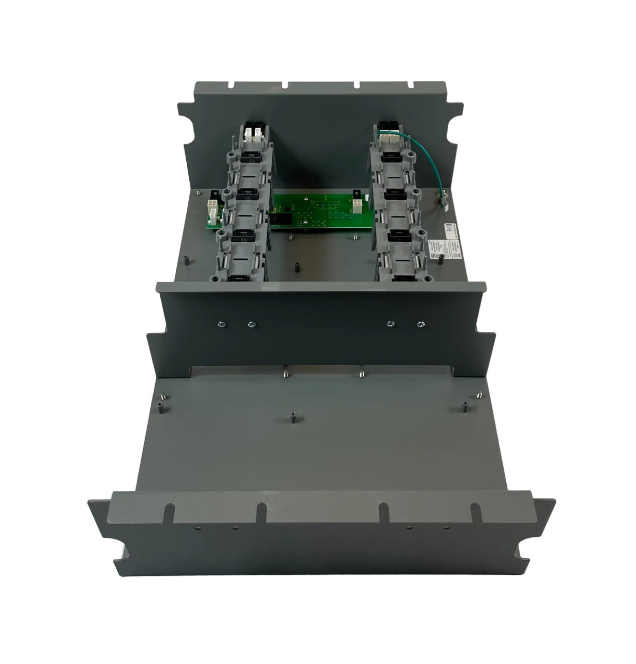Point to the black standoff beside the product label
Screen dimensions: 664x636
pyautogui.click(x=440, y=258)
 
